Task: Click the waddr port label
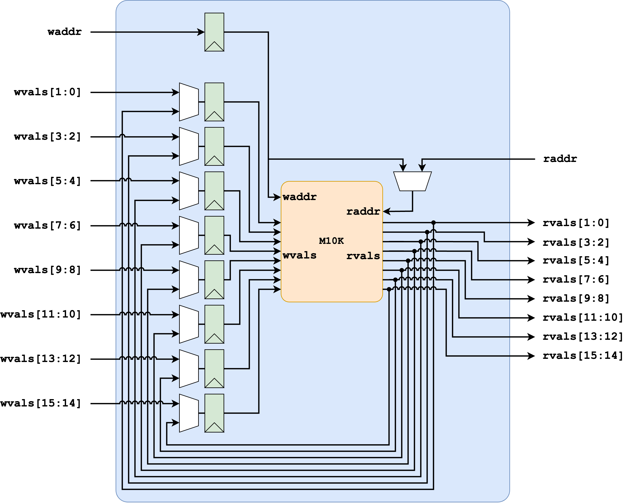[299, 197]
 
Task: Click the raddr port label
[363, 212]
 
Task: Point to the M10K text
[331, 241]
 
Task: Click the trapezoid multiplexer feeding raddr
[412, 181]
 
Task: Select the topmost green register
[214, 32]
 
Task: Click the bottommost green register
[214, 413]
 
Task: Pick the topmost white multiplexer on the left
[189, 102]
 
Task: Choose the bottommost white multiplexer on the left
[189, 413]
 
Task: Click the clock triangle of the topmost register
[214, 47]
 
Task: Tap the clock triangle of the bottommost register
[214, 428]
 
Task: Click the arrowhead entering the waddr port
[278, 197]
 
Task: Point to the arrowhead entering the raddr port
[386, 212]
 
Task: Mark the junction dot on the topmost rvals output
[433, 222]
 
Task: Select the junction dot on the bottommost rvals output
[389, 289]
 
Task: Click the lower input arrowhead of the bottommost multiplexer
[176, 423]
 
